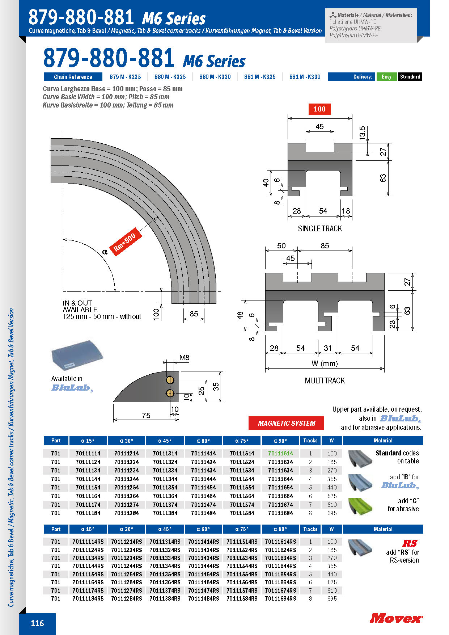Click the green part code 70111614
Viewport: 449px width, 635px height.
(x=280, y=453)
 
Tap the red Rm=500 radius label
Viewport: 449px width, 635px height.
(x=125, y=242)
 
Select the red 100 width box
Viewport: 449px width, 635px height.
(x=319, y=109)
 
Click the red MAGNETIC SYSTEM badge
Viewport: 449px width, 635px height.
(x=286, y=423)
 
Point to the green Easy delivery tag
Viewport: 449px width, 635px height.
(x=386, y=77)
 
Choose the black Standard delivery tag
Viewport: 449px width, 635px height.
(x=410, y=77)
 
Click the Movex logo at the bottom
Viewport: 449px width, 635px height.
(x=396, y=618)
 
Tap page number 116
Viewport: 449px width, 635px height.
(x=37, y=623)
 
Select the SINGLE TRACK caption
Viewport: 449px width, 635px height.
(x=320, y=228)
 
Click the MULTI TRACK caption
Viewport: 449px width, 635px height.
(x=325, y=380)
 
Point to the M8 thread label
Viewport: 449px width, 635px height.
(x=184, y=358)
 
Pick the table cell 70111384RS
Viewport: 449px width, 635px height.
(x=165, y=598)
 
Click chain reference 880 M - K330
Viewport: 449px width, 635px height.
(x=215, y=77)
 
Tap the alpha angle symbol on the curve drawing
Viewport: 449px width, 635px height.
(x=105, y=252)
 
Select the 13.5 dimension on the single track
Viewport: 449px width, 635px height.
(x=362, y=133)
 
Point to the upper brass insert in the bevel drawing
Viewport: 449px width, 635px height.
(x=170, y=380)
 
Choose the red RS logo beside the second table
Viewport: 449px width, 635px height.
(x=410, y=543)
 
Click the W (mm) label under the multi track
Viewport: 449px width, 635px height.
(x=325, y=363)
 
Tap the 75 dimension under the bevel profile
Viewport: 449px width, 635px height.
(x=146, y=415)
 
